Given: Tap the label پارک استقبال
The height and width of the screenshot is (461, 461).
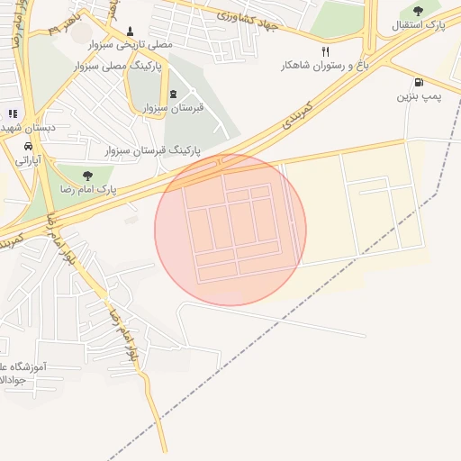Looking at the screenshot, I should coord(418,25).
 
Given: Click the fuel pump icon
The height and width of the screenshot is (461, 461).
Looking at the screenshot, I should coord(419,82).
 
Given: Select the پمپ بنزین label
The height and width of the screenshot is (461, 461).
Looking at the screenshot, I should coord(419,95).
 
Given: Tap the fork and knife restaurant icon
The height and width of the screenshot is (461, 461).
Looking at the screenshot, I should coord(325,51).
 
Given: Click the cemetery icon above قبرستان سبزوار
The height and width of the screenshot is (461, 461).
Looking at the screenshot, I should coord(173,95).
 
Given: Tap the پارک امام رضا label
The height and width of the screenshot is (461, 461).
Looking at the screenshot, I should coord(93,189).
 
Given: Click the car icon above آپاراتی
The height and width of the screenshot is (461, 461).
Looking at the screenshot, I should coord(29,145).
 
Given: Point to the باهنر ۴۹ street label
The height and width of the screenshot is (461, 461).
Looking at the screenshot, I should coord(66,23).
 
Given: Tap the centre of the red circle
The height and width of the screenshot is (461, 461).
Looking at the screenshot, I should coord(230,230).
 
